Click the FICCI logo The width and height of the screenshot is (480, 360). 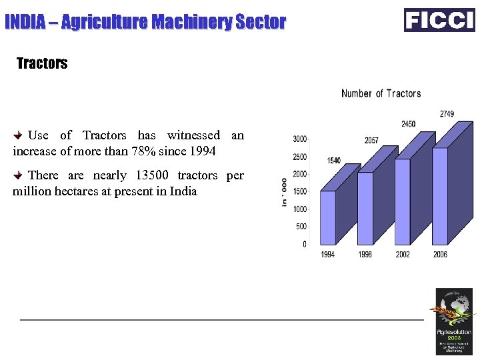(x=439, y=20)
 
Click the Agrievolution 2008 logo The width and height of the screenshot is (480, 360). (x=454, y=321)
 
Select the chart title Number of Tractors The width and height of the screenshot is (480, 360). (x=381, y=93)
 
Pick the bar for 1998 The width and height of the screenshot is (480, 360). (x=365, y=208)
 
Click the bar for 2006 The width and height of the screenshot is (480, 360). (x=440, y=195)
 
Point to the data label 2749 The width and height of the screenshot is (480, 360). (x=447, y=114)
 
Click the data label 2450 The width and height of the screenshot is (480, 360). (x=409, y=124)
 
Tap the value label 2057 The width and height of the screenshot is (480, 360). (x=371, y=141)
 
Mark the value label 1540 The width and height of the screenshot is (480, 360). (x=334, y=161)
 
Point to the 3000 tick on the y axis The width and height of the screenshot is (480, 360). (x=299, y=139)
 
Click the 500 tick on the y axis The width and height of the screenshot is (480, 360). (x=301, y=227)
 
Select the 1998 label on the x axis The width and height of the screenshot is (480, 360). (x=365, y=255)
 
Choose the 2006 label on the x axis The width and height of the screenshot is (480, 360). (x=440, y=255)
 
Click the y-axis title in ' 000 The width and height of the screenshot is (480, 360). (x=285, y=192)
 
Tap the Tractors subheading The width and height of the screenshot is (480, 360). (x=42, y=64)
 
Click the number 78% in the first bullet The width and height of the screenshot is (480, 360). (x=143, y=151)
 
